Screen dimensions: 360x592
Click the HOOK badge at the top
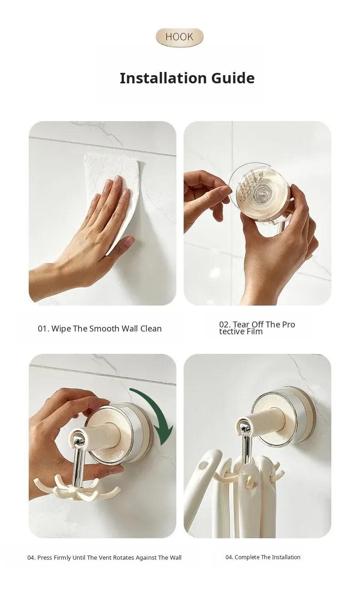[x=180, y=37]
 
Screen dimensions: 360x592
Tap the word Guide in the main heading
[x=233, y=78]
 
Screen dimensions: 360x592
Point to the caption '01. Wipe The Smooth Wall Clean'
[x=100, y=328]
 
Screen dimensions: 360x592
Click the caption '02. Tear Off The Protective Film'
[x=257, y=328]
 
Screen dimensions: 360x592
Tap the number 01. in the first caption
[x=44, y=328]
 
